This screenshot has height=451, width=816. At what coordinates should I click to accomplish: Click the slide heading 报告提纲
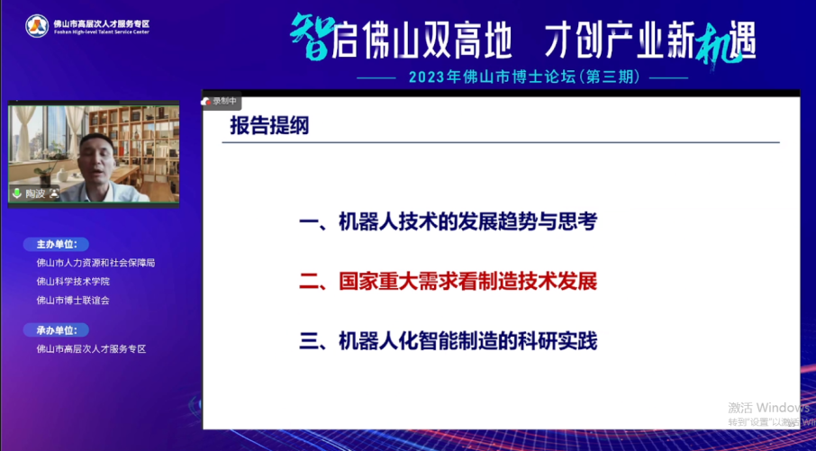(x=269, y=127)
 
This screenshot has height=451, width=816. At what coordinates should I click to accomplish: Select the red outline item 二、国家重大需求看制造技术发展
(x=448, y=281)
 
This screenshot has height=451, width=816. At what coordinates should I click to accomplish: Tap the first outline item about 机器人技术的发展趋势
(x=448, y=222)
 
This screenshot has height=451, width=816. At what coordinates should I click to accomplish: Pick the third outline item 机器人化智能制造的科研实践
(x=448, y=341)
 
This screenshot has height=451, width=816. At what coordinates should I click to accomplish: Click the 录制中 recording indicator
(x=221, y=102)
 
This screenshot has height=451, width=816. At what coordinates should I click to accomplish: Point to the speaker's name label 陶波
(x=34, y=194)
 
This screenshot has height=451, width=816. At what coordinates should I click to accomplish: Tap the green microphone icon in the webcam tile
(x=16, y=194)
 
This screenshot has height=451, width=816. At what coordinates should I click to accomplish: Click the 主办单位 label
(x=57, y=244)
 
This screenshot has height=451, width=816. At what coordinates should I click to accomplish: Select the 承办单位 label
(x=57, y=329)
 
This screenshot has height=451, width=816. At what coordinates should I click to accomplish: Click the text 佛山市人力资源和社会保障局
(x=95, y=263)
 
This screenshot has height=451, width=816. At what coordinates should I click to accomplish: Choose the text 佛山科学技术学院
(x=73, y=282)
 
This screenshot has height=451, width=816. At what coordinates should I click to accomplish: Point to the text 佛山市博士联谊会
(x=73, y=300)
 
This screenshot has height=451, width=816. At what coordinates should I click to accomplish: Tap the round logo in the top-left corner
(x=37, y=25)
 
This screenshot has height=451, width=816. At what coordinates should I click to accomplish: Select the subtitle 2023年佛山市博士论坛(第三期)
(x=523, y=78)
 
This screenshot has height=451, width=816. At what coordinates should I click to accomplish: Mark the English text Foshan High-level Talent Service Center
(x=101, y=32)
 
